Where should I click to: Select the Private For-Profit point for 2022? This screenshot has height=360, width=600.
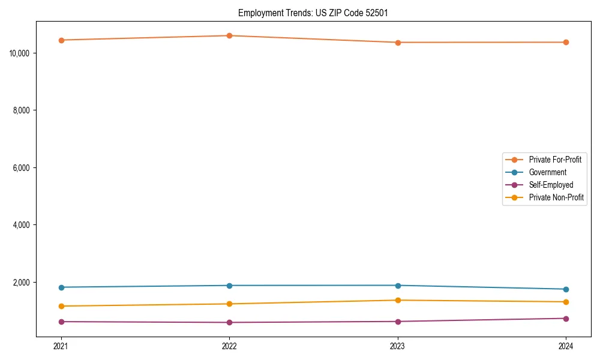pyautogui.click(x=229, y=35)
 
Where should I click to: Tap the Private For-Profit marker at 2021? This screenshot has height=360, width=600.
pyautogui.click(x=61, y=40)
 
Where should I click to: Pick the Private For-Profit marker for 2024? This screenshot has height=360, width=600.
pyautogui.click(x=566, y=42)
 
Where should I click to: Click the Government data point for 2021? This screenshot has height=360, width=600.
pyautogui.click(x=61, y=287)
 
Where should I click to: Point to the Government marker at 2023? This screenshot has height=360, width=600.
pyautogui.click(x=398, y=286)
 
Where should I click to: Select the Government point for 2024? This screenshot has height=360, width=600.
pyautogui.click(x=566, y=289)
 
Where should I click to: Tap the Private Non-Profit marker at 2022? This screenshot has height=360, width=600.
pyautogui.click(x=229, y=304)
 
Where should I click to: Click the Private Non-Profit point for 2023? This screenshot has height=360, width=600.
pyautogui.click(x=398, y=300)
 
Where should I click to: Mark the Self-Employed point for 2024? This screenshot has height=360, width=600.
pyautogui.click(x=566, y=319)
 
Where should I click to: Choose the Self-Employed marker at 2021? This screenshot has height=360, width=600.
pyautogui.click(x=61, y=322)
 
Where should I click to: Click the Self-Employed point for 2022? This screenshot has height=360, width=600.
pyautogui.click(x=229, y=322)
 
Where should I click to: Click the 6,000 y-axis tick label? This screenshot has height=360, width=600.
pyautogui.click(x=22, y=168)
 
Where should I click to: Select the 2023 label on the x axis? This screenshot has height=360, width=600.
pyautogui.click(x=398, y=346)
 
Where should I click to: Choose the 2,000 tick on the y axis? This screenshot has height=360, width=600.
pyautogui.click(x=22, y=283)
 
